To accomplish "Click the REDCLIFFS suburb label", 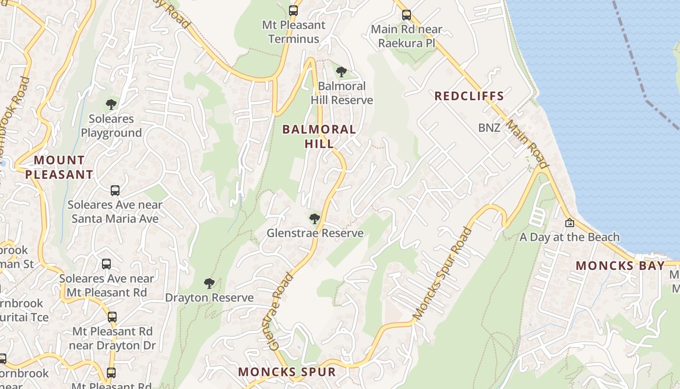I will click(x=469, y=96).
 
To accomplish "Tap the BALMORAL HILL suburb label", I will click(x=319, y=136).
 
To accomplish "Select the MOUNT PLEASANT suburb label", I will click(x=59, y=167).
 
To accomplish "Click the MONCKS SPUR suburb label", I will click(x=287, y=372).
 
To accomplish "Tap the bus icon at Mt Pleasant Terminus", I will click(x=293, y=10).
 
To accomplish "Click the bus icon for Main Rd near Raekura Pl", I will click(x=407, y=15).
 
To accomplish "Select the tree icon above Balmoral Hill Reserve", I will click(x=341, y=72).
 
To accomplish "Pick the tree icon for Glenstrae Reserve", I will click(x=314, y=219).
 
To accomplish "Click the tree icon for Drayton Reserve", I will click(x=209, y=283).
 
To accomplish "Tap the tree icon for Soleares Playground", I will click(x=111, y=104).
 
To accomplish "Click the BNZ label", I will click(x=489, y=128).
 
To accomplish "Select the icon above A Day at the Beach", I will click(x=569, y=223).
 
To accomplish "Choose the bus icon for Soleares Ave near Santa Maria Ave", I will click(x=115, y=190).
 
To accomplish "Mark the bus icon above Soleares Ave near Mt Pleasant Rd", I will click(x=106, y=264).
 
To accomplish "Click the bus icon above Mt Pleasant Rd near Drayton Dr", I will click(x=112, y=317).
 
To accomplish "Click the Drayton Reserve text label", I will click(x=209, y=298).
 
